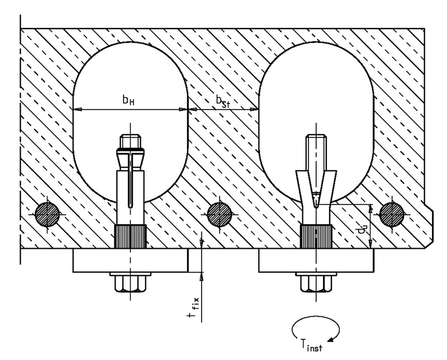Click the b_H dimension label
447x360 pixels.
129,100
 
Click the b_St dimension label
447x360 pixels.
222,102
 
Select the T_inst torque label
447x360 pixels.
311,345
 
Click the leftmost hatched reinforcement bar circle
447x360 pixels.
47,215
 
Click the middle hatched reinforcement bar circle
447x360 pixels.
220,215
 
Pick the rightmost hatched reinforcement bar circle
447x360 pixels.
392,215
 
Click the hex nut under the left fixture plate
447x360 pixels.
131,284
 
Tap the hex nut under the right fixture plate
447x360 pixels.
316,284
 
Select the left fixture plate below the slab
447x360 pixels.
131,260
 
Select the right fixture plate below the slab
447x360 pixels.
316,260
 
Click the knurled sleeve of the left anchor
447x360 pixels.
130,236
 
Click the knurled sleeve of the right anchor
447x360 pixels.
316,236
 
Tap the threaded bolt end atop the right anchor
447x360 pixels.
316,152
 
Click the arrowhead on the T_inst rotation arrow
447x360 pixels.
331,339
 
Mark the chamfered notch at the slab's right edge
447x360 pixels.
429,225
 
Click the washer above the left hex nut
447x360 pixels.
131,274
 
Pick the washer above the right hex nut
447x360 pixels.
316,274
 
